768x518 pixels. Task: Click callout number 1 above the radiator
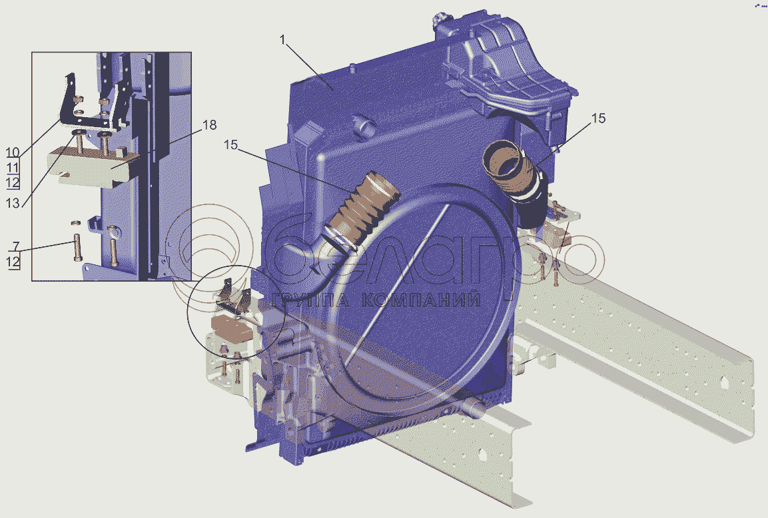(282, 40)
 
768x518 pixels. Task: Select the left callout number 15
(230, 145)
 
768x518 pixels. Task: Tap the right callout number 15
(599, 119)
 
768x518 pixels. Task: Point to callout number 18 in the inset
(209, 125)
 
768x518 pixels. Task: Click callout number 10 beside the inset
(13, 152)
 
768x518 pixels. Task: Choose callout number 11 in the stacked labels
(13, 167)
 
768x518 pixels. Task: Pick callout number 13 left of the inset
(13, 202)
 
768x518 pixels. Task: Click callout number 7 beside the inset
(16, 246)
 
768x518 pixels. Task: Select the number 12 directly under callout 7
(13, 262)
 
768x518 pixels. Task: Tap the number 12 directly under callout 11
(13, 182)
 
